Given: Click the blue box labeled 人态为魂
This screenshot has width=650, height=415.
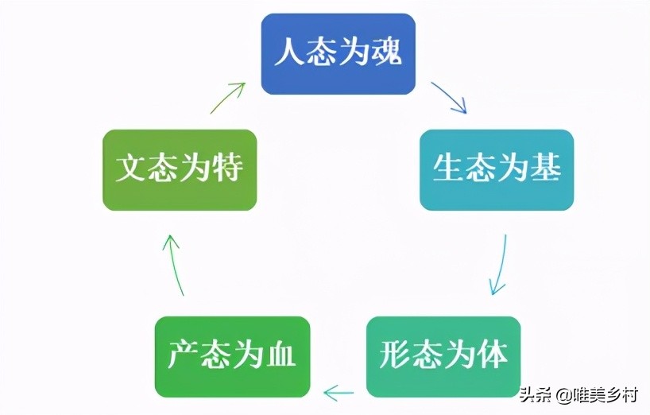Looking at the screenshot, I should (339, 54).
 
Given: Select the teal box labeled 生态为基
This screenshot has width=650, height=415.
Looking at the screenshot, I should (497, 169).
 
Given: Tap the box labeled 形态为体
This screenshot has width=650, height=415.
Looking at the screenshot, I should (443, 356).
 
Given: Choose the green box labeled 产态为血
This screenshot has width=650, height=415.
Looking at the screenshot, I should (232, 356).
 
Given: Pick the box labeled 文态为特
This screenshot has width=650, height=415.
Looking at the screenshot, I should (180, 169).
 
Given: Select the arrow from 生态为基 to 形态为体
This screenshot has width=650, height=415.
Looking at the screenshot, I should (499, 265).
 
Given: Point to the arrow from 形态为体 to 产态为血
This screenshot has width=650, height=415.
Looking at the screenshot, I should (339, 390).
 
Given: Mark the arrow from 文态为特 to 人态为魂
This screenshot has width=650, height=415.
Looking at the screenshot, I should (229, 96).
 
